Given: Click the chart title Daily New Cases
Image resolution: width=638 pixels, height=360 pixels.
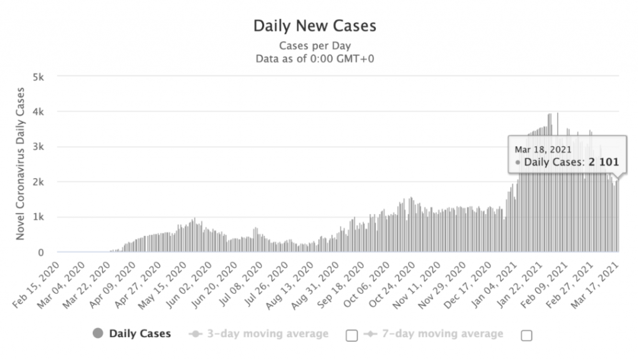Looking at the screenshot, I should point(315,27).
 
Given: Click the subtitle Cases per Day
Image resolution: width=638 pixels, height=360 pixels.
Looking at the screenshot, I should point(315,45).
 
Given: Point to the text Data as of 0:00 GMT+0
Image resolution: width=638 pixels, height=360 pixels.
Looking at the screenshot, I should point(315,59).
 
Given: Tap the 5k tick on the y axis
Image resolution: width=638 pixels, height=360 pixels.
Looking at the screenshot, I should point(44,77).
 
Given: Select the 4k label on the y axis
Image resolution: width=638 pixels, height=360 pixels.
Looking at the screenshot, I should point(44,112).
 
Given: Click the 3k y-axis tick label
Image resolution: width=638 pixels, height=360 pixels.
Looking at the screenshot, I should point(44,147).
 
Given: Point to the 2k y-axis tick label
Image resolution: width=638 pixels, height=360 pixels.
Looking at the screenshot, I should point(44,182).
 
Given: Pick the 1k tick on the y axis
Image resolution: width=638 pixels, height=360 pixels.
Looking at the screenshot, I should point(44,217).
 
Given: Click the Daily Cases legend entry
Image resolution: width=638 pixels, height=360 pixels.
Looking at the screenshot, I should point(140,334).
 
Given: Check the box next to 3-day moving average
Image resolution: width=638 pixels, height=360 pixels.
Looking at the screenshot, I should point(351,335).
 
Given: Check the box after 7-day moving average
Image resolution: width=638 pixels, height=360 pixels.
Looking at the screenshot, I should point(526,335).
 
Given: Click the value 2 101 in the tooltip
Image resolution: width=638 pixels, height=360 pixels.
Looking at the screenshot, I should point(602,162).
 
